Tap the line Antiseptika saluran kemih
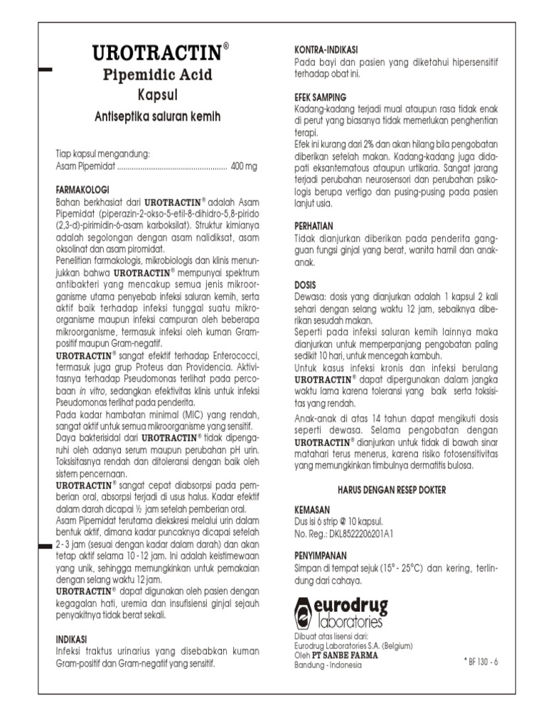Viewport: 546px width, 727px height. (x=158, y=116)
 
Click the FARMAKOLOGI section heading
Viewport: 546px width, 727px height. (x=82, y=190)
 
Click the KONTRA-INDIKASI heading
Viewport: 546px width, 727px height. (x=326, y=50)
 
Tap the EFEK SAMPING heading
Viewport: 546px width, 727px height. (x=321, y=97)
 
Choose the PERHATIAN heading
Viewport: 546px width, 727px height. (x=314, y=225)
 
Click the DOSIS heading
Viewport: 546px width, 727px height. (x=306, y=285)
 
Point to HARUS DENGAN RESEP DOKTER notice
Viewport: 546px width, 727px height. (x=396, y=490)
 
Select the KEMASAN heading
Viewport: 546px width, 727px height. (x=312, y=510)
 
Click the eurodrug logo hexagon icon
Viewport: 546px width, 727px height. (x=304, y=612)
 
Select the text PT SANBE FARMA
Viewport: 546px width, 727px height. (x=342, y=655)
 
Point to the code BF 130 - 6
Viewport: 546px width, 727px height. (x=481, y=661)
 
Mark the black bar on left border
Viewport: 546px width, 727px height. (x=45, y=70)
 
